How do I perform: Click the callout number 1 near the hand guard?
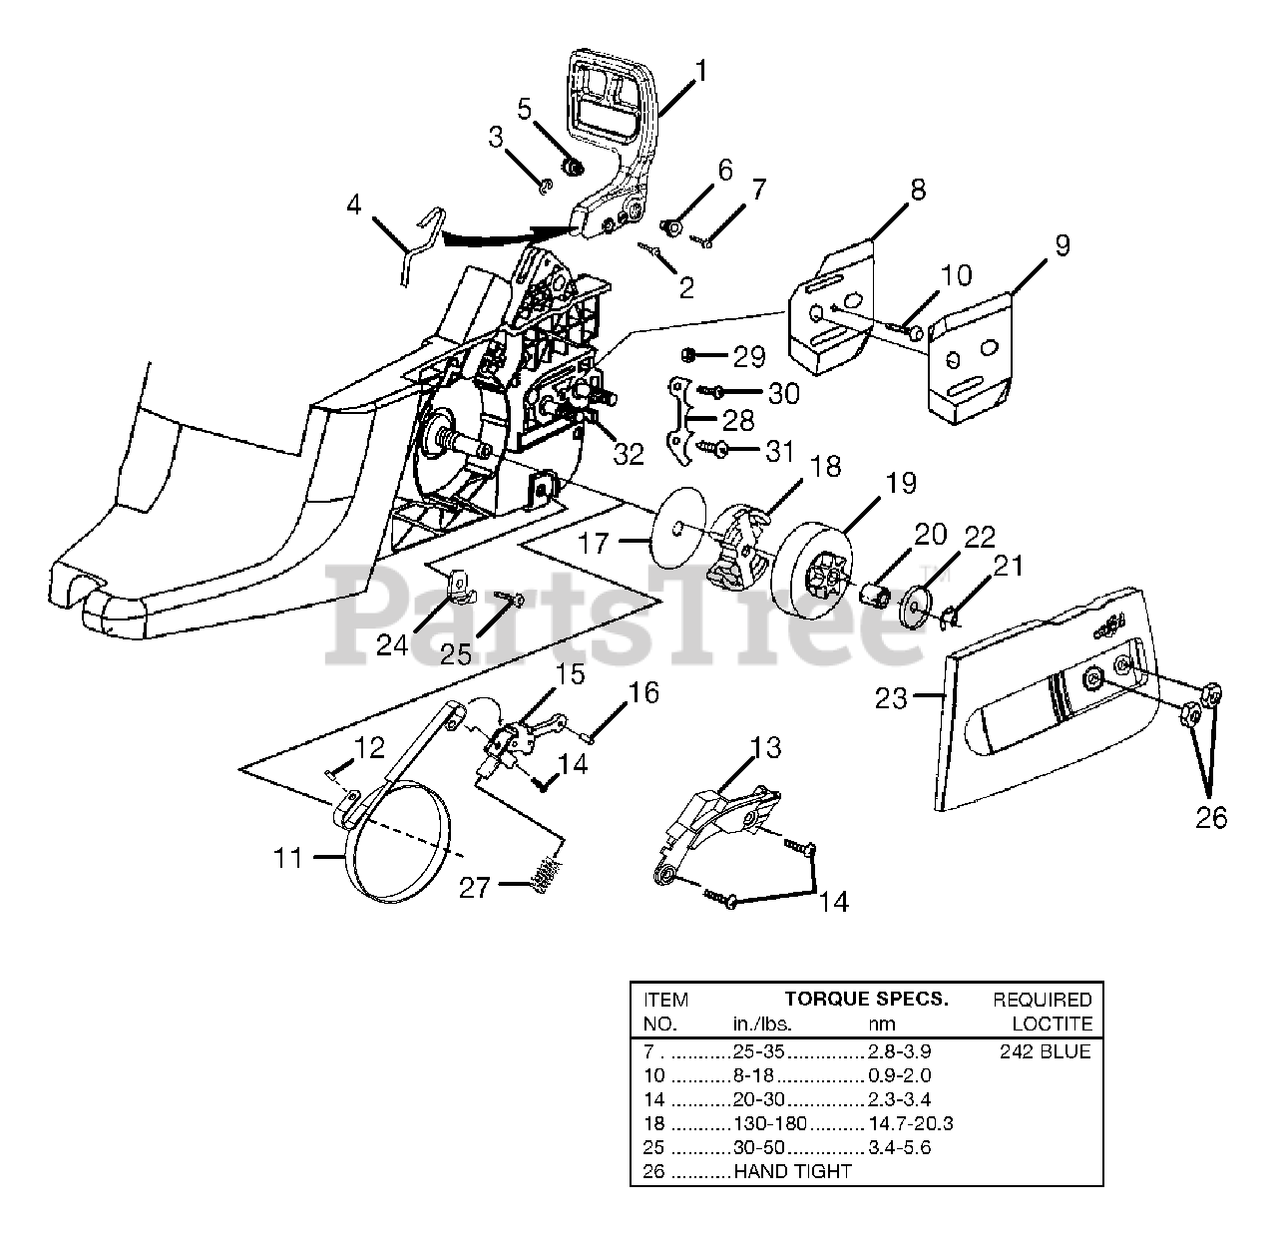(700, 71)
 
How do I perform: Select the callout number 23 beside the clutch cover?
(891, 699)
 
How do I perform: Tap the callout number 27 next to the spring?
(475, 889)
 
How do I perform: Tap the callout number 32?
(628, 454)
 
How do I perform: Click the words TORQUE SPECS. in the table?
(867, 999)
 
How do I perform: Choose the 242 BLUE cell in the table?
(1046, 1051)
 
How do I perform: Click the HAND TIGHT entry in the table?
(792, 1171)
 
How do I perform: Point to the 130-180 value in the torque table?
(770, 1122)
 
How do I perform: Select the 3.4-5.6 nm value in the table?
(900, 1147)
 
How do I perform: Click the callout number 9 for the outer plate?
(1062, 245)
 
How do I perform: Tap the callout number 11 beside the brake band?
(287, 858)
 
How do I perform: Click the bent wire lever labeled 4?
(422, 243)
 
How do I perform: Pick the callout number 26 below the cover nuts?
(1211, 818)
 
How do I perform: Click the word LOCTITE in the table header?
(1052, 1024)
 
